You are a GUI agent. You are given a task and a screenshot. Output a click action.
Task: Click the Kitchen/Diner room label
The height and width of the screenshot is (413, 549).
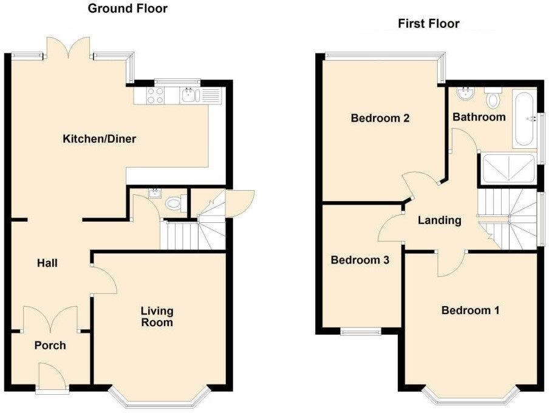(100, 139)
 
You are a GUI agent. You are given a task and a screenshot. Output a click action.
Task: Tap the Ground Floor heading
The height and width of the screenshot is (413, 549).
(128, 9)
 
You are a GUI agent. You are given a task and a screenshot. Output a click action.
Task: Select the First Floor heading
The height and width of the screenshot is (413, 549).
(428, 24)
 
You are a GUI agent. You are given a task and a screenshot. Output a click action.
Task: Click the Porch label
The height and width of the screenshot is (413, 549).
(50, 346)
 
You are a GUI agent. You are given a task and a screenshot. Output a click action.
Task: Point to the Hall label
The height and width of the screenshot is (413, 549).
(47, 263)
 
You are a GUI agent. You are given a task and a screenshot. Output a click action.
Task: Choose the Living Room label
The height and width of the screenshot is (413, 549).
(157, 316)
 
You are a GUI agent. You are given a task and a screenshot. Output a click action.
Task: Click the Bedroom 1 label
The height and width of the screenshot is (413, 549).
(470, 310)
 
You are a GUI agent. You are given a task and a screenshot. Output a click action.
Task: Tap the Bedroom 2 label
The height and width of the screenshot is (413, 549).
(380, 118)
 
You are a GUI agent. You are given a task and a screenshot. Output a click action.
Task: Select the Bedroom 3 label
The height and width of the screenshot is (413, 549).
(360, 260)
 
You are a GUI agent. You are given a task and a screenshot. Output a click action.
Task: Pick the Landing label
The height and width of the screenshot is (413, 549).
(440, 220)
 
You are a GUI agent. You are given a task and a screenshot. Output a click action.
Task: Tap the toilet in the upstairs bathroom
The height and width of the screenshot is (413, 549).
(493, 98)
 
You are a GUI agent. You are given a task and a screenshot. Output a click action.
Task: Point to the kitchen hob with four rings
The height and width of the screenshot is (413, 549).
(154, 95)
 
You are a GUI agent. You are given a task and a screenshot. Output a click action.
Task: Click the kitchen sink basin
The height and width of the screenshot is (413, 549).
(189, 95)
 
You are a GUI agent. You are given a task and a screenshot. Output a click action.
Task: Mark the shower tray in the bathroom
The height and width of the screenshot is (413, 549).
(508, 168)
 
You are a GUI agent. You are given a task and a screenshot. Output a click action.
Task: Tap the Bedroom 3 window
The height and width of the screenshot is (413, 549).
(360, 332)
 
